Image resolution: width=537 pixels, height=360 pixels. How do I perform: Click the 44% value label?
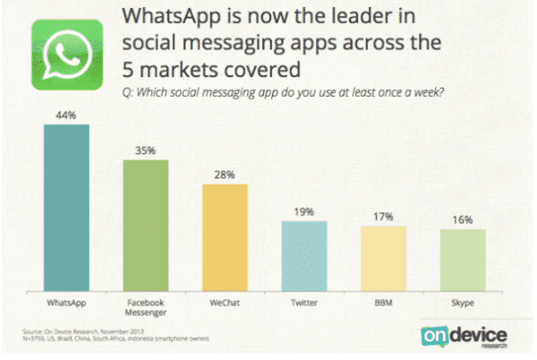pyautogui.click(x=66, y=116)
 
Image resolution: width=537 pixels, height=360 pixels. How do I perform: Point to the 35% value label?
pyautogui.click(x=145, y=151)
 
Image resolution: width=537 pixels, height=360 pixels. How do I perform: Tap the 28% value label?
pyautogui.click(x=225, y=175)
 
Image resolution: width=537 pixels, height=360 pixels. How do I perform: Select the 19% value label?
pyautogui.click(x=304, y=211)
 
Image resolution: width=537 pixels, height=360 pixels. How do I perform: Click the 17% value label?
pyautogui.click(x=384, y=217)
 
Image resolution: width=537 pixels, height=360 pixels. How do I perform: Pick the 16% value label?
pyautogui.click(x=463, y=220)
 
